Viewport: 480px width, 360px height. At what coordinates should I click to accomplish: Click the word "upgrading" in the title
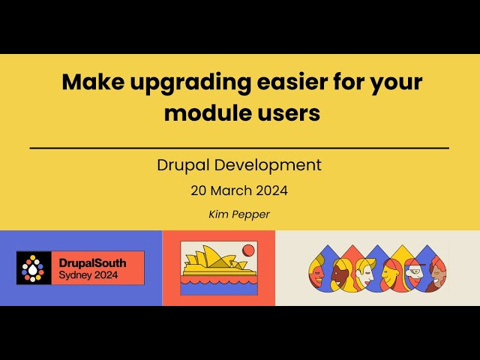click(190, 83)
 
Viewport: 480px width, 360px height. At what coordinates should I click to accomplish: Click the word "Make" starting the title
click(93, 82)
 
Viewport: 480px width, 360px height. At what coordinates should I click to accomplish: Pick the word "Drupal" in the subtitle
click(183, 166)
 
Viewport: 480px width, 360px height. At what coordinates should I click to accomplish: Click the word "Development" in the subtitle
click(268, 166)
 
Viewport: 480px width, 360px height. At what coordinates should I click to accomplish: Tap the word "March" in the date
click(231, 190)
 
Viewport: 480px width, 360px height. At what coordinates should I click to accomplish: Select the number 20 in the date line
click(199, 191)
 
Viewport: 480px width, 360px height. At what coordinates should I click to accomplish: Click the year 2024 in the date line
click(271, 191)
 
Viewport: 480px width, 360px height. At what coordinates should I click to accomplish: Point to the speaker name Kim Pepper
click(239, 214)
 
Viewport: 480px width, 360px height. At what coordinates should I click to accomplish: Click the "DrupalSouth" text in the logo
click(92, 263)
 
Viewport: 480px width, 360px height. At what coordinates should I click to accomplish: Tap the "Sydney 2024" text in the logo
click(88, 275)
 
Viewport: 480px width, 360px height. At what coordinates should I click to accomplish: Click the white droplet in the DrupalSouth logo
click(33, 269)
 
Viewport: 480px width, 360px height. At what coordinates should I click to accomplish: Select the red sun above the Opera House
click(248, 250)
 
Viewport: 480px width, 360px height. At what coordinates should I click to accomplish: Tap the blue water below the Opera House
click(219, 289)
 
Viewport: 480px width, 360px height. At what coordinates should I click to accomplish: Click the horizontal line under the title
click(239, 148)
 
